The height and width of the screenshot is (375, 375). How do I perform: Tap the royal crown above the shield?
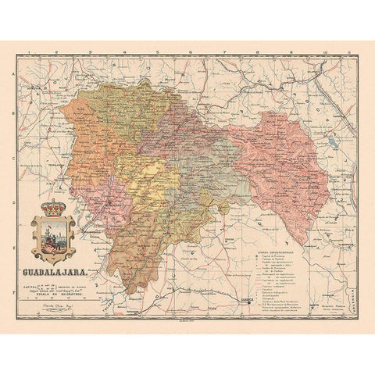(x=54, y=209)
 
